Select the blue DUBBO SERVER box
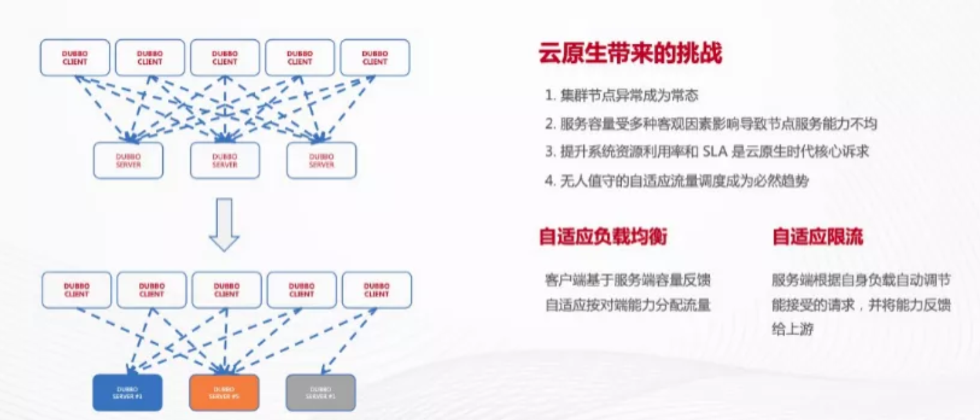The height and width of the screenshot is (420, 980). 128,392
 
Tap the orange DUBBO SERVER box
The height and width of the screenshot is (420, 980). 224,392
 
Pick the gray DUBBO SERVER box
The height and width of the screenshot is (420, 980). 320,392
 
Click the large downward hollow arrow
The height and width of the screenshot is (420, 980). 225,224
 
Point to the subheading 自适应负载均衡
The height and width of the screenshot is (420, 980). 603,237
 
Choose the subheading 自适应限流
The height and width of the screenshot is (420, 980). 817,237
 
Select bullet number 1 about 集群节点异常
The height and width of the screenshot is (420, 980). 622,96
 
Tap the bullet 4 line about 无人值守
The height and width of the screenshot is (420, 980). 676,181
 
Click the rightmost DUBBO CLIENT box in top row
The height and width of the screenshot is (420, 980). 374,58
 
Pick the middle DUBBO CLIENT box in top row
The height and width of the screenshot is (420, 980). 225,58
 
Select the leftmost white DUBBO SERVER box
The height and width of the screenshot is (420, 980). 128,160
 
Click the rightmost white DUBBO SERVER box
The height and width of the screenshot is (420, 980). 321,160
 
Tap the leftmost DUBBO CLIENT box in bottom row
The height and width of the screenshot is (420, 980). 77,290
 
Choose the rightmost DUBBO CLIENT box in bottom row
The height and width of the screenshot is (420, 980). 376,290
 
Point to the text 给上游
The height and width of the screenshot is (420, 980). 793,329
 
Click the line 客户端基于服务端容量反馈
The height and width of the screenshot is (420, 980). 628,280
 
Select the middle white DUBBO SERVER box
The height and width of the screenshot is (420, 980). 225,160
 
